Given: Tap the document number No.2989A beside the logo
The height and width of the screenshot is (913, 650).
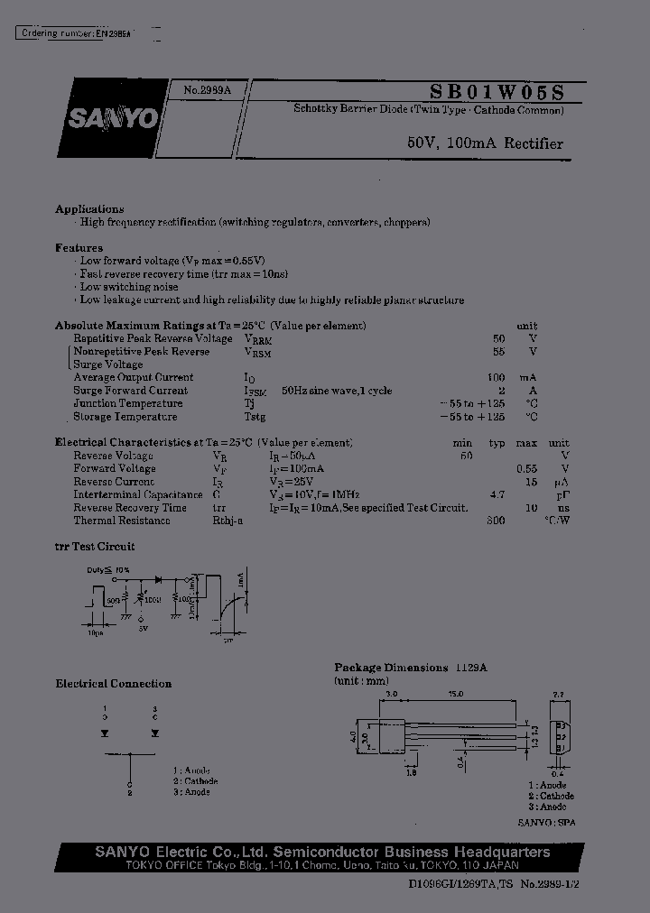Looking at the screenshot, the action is coord(208,90).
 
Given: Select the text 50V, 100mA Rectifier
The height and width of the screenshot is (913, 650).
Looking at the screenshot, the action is coord(485,143).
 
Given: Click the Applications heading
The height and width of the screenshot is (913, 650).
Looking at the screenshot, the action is coord(89,208).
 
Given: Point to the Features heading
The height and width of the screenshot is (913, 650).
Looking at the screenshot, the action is coord(79,247).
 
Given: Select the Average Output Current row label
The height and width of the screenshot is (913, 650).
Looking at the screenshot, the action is coord(134,377).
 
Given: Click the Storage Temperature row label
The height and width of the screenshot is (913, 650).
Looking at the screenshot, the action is coord(125,417).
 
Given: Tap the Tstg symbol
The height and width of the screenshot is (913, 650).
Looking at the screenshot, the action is coord(255,417).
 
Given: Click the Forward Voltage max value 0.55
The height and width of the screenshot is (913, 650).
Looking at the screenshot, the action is coord(526,469).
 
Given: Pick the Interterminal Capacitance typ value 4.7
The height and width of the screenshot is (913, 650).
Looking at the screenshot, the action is coord(497,495).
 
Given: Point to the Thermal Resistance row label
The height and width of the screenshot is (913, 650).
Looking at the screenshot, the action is coord(122,521).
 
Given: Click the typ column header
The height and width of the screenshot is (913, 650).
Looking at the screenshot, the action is coord(497,443).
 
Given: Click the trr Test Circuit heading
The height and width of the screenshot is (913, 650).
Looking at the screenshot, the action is coord(95,547).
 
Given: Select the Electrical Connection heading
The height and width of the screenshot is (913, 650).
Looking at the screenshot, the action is coord(114,684).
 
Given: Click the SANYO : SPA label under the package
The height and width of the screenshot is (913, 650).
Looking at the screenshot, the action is coord(546,823).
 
